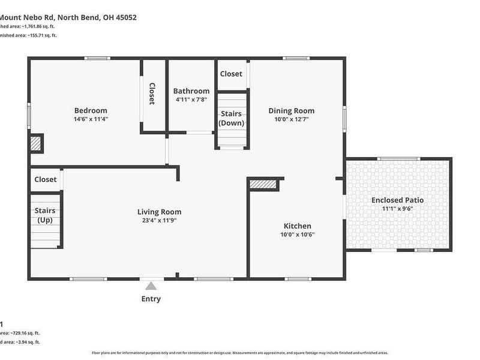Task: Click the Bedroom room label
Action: [91, 110]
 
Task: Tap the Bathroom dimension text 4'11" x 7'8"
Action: [191, 100]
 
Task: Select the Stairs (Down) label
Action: [231, 118]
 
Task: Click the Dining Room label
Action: [291, 110]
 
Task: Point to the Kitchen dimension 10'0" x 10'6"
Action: [297, 235]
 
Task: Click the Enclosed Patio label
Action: [397, 200]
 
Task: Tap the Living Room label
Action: [159, 212]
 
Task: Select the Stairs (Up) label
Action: [45, 215]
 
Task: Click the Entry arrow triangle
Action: [151, 286]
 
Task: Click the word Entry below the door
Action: [151, 299]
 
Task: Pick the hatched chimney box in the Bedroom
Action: [37, 143]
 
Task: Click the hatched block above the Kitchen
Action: [263, 184]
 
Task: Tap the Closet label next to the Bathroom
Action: [152, 94]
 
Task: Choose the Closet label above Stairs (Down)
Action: [231, 74]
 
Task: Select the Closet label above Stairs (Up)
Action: [46, 179]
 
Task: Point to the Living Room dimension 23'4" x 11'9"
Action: [159, 220]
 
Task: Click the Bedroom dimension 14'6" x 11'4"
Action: [91, 119]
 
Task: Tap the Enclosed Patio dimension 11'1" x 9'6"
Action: [397, 208]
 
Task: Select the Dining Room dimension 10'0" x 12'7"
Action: [291, 119]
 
